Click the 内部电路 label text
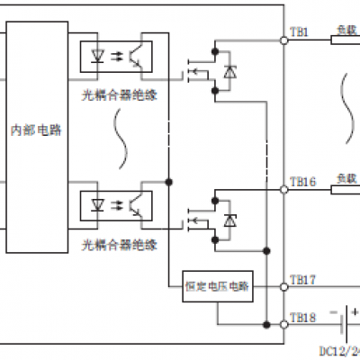point(38,129)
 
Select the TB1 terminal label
point(299,31)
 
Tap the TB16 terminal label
point(301,181)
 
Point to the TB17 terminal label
point(301,280)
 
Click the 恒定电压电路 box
point(218,286)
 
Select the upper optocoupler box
point(118,55)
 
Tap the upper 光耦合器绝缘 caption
point(119,93)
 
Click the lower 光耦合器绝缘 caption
point(119,243)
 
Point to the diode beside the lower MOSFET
point(229,220)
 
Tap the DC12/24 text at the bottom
point(338,349)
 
